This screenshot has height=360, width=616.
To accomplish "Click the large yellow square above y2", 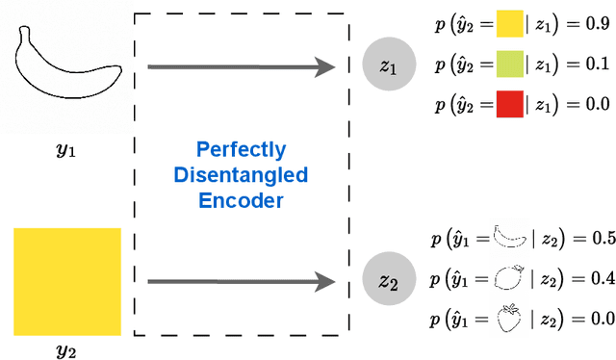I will click(x=67, y=281).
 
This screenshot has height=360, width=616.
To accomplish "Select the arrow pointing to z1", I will click(x=241, y=66).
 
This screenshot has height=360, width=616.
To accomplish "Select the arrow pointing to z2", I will click(x=241, y=281).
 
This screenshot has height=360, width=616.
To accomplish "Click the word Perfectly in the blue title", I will click(x=241, y=150).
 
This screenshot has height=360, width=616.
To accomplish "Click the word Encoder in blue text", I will click(x=241, y=200).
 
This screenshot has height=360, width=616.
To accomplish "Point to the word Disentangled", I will click(x=241, y=175).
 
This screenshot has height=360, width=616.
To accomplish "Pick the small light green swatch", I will click(x=508, y=64).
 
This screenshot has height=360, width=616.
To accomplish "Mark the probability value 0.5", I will click(x=603, y=238).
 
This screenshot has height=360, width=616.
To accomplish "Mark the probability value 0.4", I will click(x=603, y=277).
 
